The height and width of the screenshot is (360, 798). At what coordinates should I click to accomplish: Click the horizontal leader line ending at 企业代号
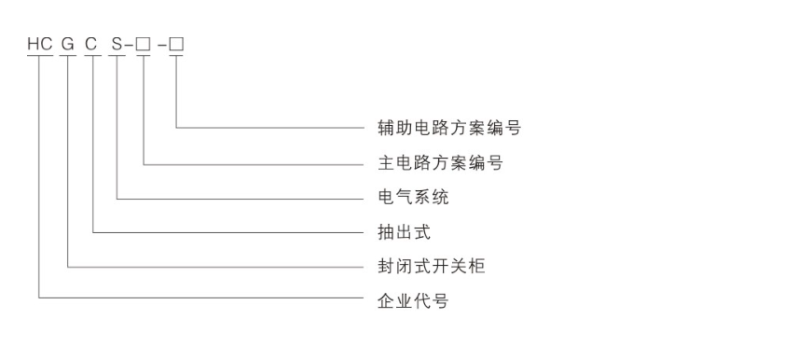tap(196, 298)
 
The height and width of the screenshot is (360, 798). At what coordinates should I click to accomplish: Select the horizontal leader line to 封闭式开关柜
tap(214, 266)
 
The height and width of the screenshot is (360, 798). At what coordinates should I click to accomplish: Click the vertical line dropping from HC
tap(39, 177)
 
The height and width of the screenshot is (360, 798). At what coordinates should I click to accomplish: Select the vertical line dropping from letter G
tap(69, 159)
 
